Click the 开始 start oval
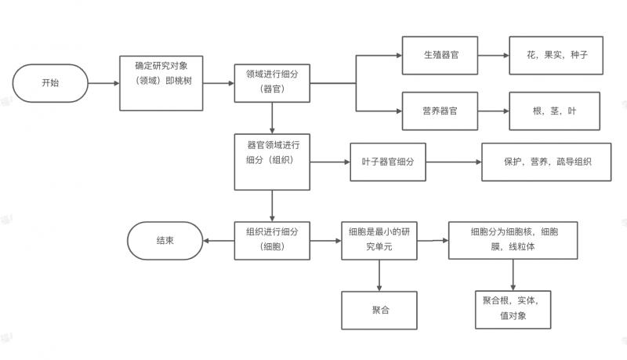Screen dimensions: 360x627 [49, 82]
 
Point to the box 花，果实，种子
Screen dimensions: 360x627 [556, 56]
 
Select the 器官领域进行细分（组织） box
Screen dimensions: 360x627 [272, 161]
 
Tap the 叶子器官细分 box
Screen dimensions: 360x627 [387, 162]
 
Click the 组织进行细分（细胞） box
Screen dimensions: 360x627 [272, 240]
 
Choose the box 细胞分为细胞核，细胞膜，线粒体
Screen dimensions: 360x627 [513, 240]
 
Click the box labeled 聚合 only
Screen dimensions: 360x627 [380, 311]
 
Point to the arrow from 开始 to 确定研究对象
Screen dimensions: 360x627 [104, 82]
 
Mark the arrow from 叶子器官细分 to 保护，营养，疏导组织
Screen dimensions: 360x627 [453, 162]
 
